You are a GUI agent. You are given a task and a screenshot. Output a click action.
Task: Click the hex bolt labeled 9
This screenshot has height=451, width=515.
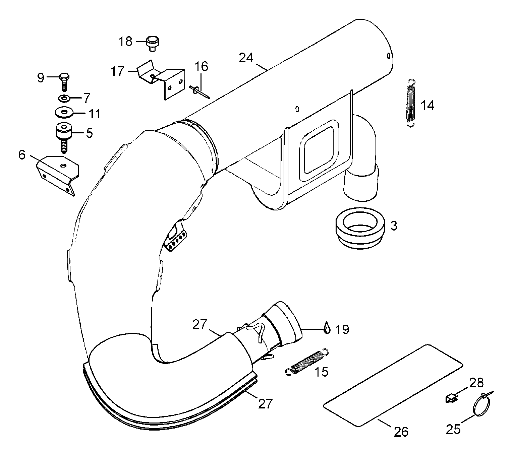(64, 82)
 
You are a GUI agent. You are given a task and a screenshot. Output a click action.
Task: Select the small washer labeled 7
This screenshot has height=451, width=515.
(63, 98)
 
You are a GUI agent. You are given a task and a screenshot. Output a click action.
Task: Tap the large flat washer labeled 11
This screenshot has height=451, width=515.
(63, 112)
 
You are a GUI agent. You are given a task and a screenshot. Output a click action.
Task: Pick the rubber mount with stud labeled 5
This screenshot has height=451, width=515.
(64, 137)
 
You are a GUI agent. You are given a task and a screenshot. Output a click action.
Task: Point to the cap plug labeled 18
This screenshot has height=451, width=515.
(152, 44)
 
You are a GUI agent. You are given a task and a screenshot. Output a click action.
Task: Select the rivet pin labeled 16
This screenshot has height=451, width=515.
(199, 92)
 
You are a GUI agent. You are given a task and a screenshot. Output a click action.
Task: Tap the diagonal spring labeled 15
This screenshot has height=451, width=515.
(307, 361)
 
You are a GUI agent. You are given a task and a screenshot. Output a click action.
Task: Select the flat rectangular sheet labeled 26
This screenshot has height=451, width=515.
(393, 385)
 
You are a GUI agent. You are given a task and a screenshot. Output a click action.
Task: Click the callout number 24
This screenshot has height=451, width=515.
(246, 58)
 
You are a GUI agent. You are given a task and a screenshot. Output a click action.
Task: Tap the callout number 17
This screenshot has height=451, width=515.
(117, 71)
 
